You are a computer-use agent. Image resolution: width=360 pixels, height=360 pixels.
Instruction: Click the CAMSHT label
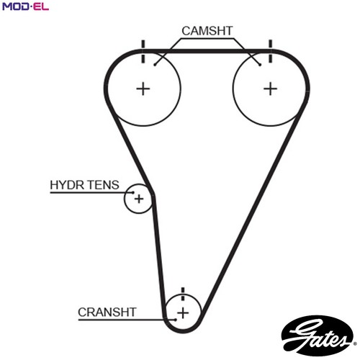(x=207, y=31)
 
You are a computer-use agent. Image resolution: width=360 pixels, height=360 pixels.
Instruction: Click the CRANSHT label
(x=107, y=312)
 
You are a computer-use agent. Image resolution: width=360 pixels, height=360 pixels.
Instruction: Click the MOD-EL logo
(x=25, y=6)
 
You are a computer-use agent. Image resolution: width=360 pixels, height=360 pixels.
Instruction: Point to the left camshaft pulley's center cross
(x=143, y=89)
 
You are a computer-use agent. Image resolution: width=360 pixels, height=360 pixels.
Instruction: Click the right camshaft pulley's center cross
(x=270, y=89)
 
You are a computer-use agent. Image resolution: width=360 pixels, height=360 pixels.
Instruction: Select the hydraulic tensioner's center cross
(x=139, y=199)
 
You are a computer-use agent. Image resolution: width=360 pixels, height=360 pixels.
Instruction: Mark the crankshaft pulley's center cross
(x=183, y=313)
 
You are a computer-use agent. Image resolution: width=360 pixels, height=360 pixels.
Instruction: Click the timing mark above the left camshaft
(x=143, y=52)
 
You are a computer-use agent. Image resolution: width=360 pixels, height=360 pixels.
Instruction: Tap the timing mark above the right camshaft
(x=271, y=52)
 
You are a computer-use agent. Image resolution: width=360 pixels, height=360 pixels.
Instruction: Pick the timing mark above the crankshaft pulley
(x=183, y=294)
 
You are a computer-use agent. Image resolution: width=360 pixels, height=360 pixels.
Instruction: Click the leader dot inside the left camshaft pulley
(x=155, y=65)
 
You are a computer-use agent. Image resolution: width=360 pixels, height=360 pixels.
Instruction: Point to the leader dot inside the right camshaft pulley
(x=260, y=65)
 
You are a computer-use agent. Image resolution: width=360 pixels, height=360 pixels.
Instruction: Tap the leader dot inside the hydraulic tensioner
(x=133, y=192)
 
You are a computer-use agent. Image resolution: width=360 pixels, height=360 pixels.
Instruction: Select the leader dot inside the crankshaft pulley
(x=176, y=320)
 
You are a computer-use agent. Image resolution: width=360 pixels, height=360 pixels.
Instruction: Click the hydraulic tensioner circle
(x=125, y=199)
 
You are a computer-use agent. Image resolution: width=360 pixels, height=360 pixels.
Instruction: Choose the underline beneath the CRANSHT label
(x=127, y=320)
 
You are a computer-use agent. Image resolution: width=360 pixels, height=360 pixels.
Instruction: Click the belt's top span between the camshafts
(x=207, y=51)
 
